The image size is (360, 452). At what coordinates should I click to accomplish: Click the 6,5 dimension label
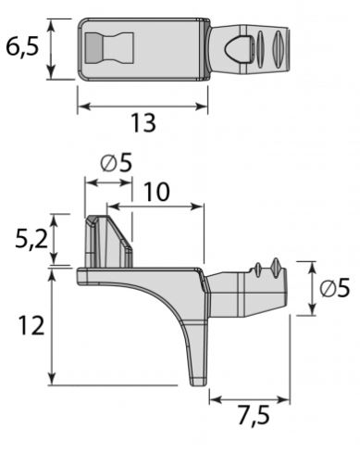[x=23, y=48]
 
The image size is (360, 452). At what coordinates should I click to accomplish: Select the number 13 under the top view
[x=143, y=123]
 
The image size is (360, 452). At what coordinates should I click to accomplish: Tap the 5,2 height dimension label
[x=31, y=239]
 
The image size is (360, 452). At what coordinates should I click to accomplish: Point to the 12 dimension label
[x=31, y=325]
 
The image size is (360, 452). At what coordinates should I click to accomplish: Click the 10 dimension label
[x=156, y=192]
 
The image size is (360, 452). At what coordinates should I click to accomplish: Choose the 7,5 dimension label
[x=254, y=415]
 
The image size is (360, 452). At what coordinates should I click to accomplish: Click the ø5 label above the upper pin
[x=116, y=163]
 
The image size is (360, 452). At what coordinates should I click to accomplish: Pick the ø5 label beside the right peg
[x=335, y=288]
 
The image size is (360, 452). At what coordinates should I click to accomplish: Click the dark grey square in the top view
[x=93, y=48]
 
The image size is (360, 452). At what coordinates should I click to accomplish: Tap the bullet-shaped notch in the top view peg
[x=238, y=48]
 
